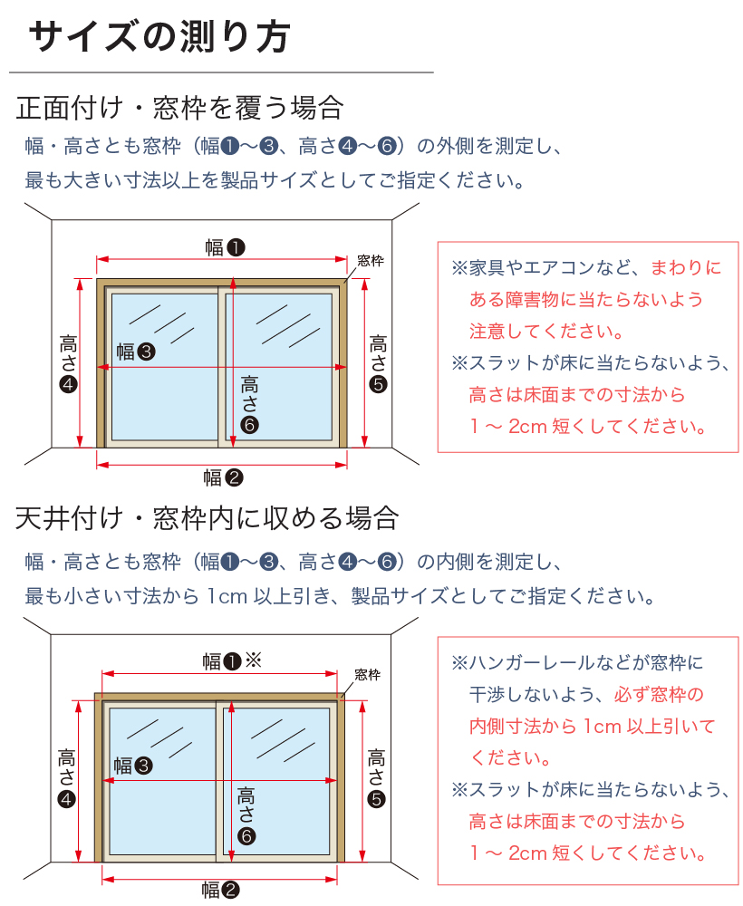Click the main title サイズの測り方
pos(159,38)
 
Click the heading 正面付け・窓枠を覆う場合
pos(179,108)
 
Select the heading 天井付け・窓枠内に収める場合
pos(207,518)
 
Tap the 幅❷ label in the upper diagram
pos(223,477)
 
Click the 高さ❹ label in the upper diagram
pos(69,363)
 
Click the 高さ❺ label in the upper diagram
pos(379,363)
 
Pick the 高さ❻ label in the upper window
pos(250,403)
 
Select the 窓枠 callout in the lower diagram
pos(367,674)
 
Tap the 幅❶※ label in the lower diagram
pos(231,661)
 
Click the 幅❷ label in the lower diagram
pos(220,891)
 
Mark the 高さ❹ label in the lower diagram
pos(67,776)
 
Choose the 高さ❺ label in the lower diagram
pos(377,776)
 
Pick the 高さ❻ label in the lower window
pos(246,815)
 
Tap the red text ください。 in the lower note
pos(510,757)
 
